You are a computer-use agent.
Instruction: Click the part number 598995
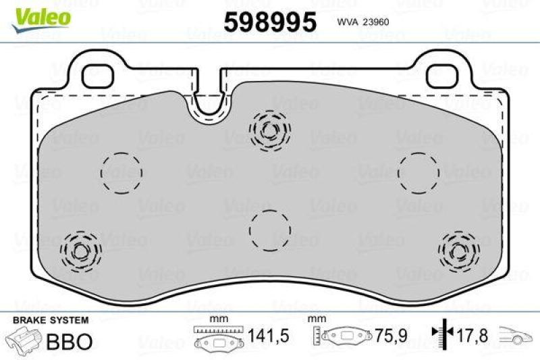pyautogui.click(x=269, y=23)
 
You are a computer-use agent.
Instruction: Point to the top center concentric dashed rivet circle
pyautogui.click(x=271, y=128)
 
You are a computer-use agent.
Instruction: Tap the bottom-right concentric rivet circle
pyautogui.click(x=458, y=251)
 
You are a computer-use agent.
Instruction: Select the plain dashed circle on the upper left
pyautogui.click(x=122, y=172)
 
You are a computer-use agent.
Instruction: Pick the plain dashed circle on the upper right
pyautogui.click(x=418, y=172)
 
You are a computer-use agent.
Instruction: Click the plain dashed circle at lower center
pyautogui.click(x=270, y=230)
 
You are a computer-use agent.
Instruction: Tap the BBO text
pyautogui.click(x=69, y=341)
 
